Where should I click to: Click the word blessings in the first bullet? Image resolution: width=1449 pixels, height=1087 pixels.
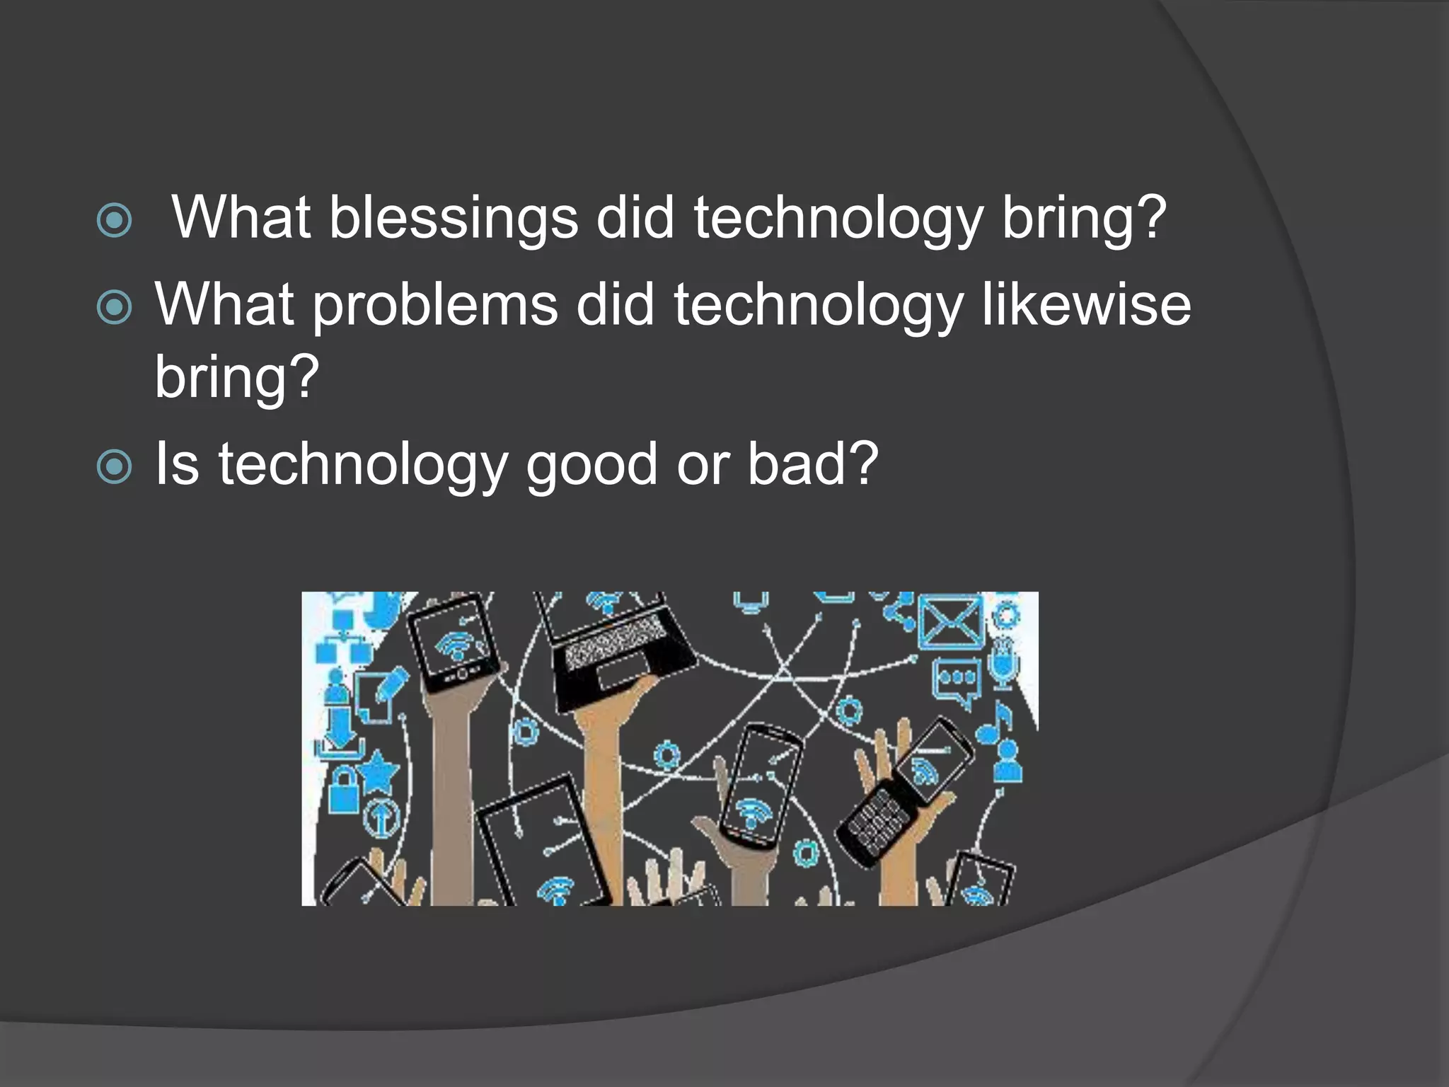pos(453,217)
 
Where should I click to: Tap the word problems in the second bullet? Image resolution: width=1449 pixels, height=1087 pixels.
pos(435,305)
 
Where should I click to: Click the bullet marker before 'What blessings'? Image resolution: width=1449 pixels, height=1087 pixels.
pos(114,220)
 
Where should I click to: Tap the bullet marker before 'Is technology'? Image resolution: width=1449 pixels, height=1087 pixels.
pos(114,466)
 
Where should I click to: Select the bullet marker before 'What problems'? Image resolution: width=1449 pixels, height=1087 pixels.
pos(114,308)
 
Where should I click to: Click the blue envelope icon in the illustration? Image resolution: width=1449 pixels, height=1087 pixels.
pos(950,622)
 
